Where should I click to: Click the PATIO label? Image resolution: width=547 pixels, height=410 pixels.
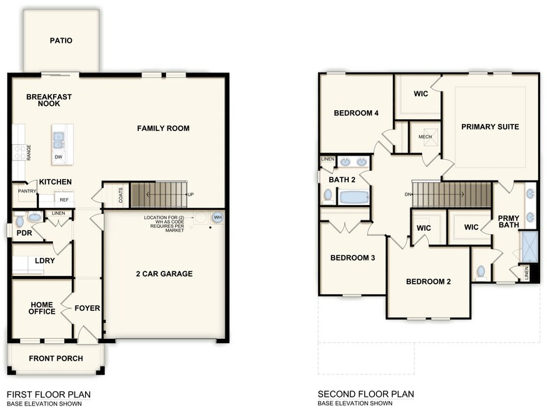61,40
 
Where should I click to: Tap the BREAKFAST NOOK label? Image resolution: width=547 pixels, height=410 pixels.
49,100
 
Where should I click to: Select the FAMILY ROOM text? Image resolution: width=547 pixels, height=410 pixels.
163,128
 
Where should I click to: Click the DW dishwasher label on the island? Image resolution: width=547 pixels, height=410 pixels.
59,157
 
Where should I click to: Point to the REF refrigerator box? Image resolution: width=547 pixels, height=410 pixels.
63,199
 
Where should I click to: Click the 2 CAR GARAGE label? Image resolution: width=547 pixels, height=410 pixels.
164,274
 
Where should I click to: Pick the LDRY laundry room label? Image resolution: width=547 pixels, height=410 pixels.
45,261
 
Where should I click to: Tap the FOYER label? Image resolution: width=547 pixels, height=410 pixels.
87,308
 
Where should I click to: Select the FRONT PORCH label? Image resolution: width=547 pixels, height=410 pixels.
56,358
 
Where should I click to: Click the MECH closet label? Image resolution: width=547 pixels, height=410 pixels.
425,137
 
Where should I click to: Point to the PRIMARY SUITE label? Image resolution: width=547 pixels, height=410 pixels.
490,127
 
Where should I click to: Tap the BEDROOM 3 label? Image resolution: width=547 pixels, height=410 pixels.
352,258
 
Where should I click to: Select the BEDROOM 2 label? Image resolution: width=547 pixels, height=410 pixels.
428,282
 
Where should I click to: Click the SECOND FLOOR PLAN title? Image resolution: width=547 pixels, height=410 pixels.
366,394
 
